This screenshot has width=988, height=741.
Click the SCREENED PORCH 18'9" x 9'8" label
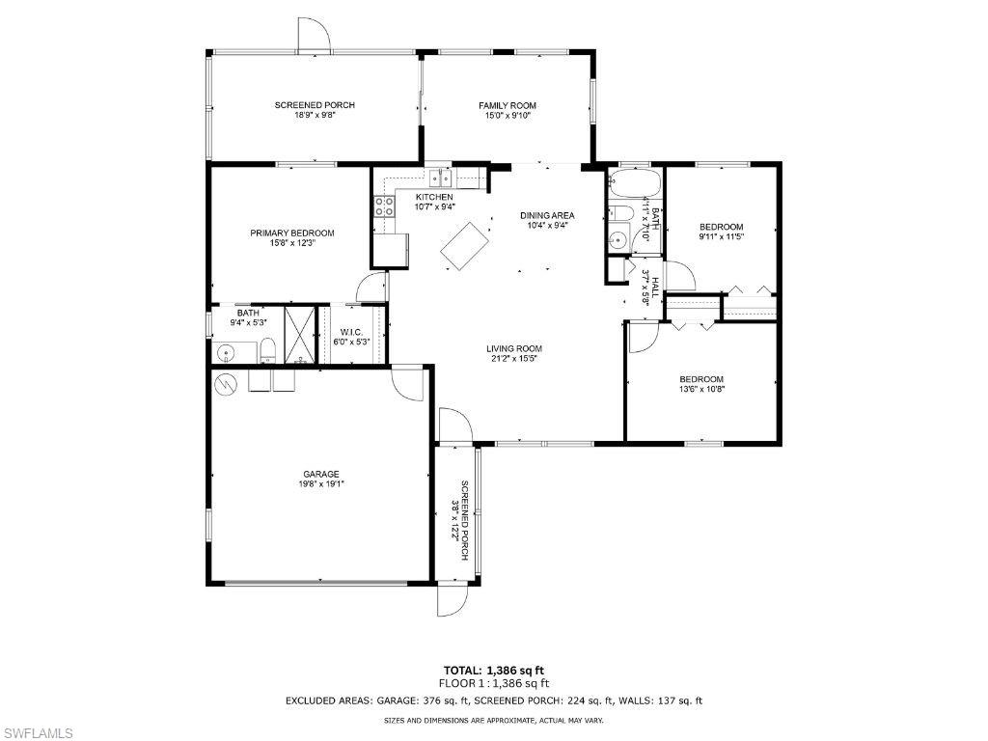(315, 110)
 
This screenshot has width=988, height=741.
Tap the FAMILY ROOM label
(508, 110)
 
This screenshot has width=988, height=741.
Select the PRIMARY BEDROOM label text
(292, 237)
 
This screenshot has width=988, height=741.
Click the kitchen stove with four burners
(383, 206)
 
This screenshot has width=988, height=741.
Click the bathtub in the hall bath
(634, 182)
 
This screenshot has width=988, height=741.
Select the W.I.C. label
(350, 336)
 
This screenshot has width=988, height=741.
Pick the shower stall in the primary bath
(301, 333)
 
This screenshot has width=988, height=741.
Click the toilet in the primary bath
(269, 350)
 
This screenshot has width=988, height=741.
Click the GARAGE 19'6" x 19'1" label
(321, 479)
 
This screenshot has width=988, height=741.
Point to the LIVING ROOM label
(513, 353)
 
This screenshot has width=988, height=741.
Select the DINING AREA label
(548, 220)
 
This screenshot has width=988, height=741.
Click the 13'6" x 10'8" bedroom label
(700, 384)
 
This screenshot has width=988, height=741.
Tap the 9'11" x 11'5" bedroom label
(722, 232)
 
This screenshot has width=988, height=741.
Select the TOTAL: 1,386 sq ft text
(493, 670)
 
